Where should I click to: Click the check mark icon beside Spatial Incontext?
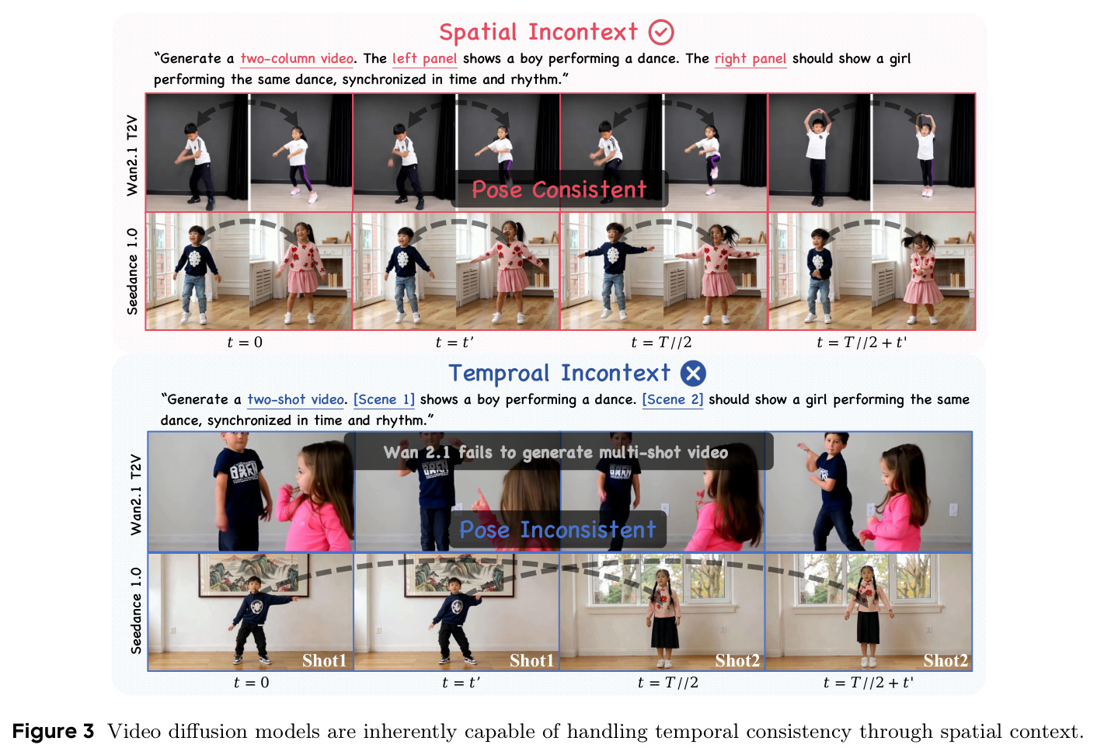pos(661,33)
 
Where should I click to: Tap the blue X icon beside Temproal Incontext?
pos(693,373)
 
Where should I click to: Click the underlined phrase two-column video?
pos(297,59)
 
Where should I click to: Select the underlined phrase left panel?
pos(425,59)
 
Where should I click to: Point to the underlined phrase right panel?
pos(750,59)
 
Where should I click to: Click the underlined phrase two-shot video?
pos(295,399)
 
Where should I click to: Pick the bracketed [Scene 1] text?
pos(384,399)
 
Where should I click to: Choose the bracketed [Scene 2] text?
pos(672,399)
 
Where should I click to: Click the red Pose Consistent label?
pos(559,190)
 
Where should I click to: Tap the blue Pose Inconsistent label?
pos(558,530)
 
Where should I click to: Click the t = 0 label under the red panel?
pos(245,343)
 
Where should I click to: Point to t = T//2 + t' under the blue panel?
pos(869,682)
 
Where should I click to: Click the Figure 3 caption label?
pos(53,731)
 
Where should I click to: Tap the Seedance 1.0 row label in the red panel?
pos(132,271)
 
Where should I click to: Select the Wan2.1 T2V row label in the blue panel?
pos(136,495)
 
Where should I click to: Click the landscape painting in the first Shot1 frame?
pos(254,576)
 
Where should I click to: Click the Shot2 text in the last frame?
pos(946,660)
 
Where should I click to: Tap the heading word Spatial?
pos(478,33)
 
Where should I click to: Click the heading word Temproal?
pos(499,373)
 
